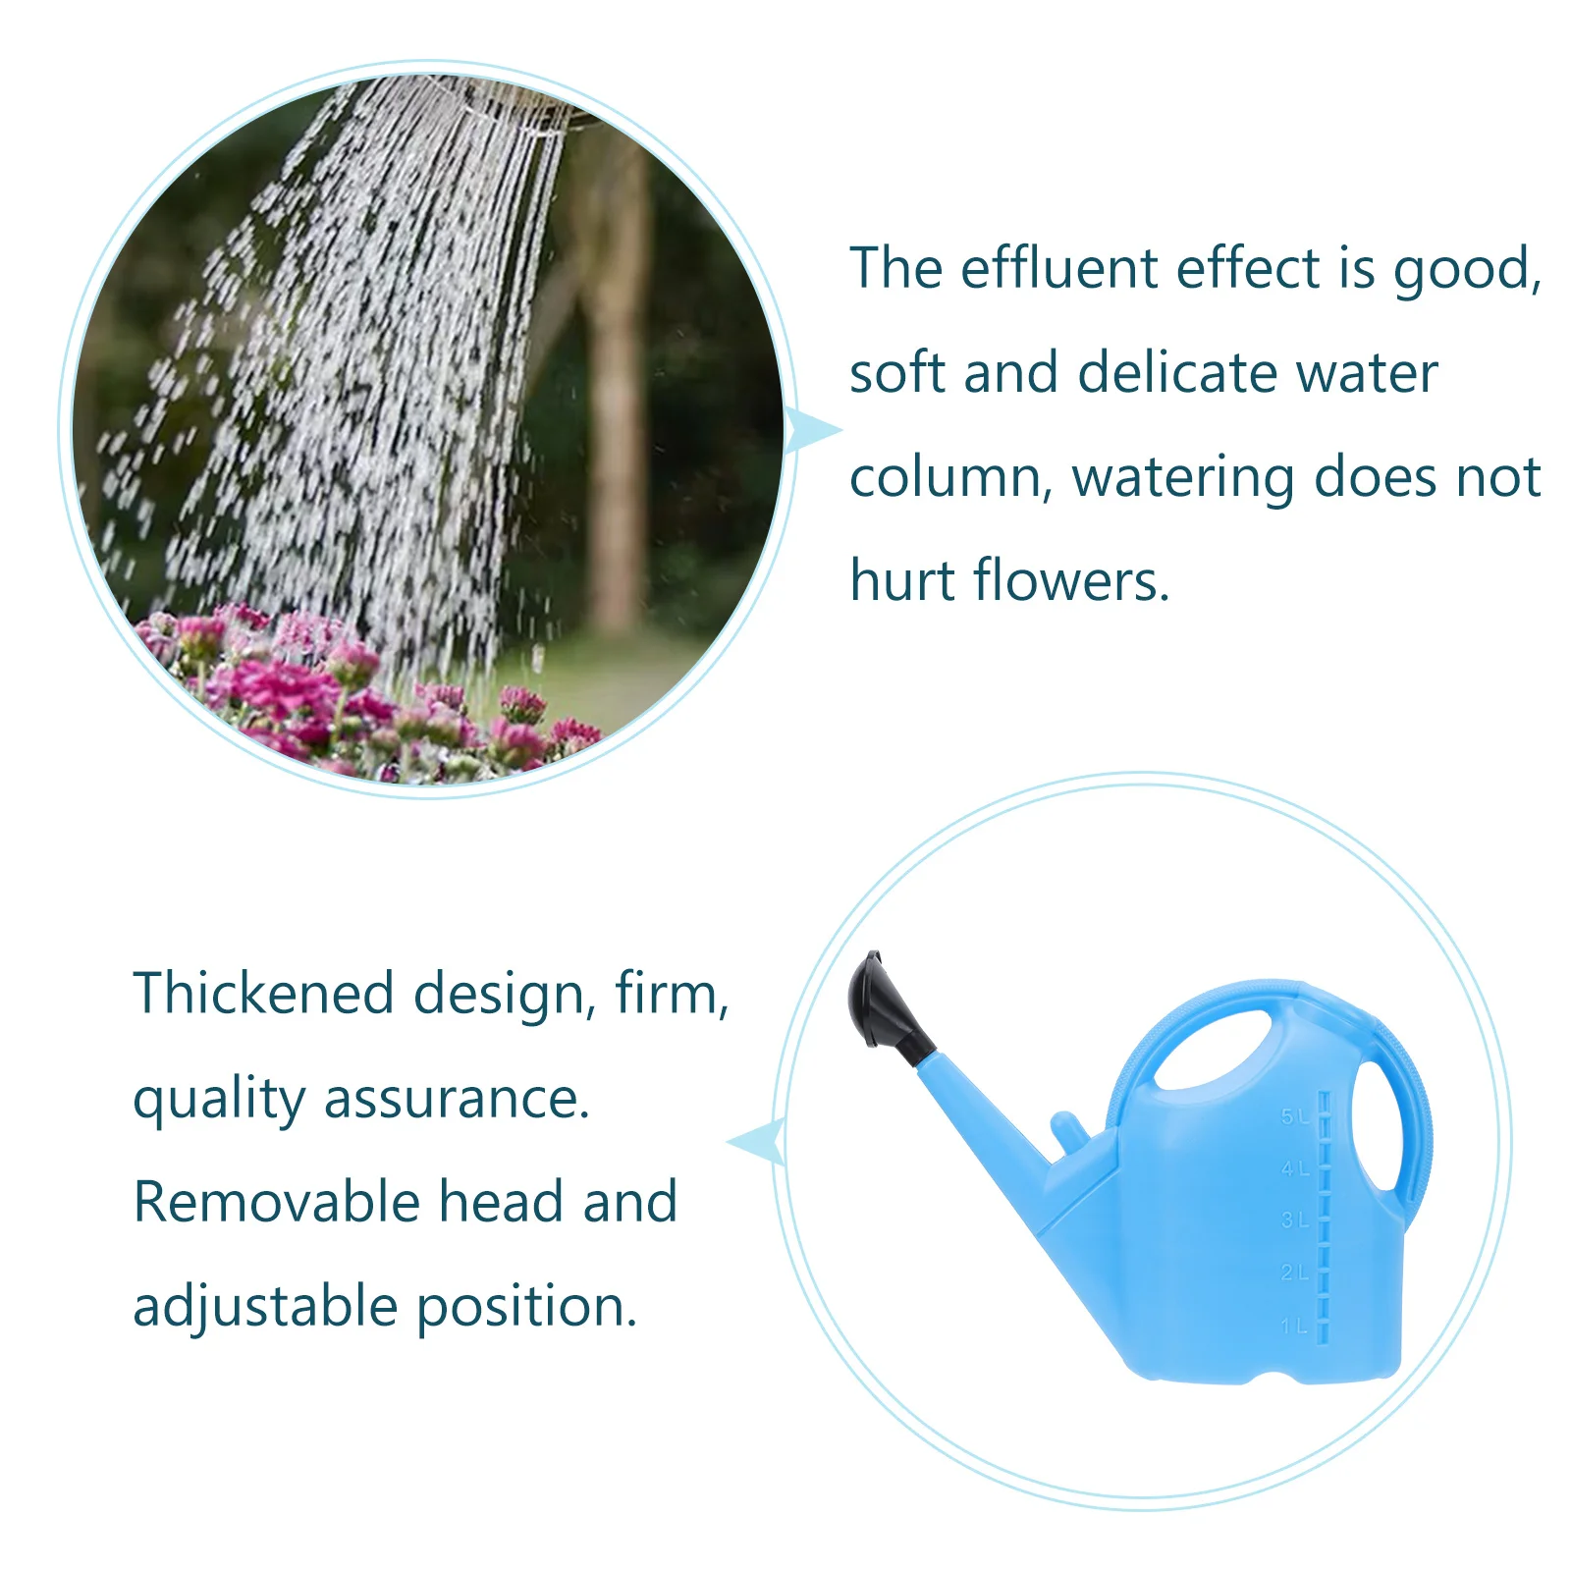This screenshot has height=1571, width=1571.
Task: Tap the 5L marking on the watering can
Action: coord(1294,1116)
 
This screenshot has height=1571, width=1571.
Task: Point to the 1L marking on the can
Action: coord(1294,1326)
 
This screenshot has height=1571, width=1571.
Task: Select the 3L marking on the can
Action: coord(1294,1220)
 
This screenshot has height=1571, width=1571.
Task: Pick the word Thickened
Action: coord(263,993)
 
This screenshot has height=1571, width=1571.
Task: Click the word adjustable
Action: coord(266,1307)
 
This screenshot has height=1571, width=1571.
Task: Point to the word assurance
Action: coord(457,1098)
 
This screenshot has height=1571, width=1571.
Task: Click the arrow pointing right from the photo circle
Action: coord(814,430)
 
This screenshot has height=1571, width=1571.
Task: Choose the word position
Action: coord(527,1307)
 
